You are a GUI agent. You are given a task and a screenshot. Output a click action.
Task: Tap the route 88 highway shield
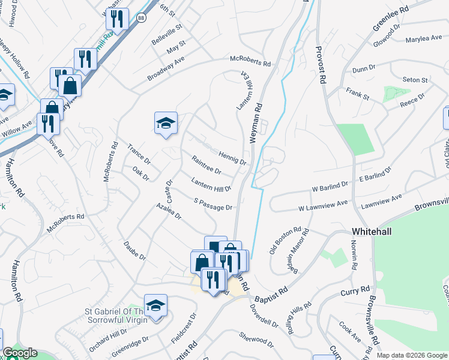pos(140,18)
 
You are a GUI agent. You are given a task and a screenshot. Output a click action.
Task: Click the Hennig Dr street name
pos(233,158)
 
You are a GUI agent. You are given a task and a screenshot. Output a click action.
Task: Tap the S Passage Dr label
pos(213,204)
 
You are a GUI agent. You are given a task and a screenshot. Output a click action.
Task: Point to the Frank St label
pos(357,92)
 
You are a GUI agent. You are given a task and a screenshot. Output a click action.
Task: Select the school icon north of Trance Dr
pos(166,124)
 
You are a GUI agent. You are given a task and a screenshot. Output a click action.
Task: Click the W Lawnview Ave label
pos(324,206)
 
